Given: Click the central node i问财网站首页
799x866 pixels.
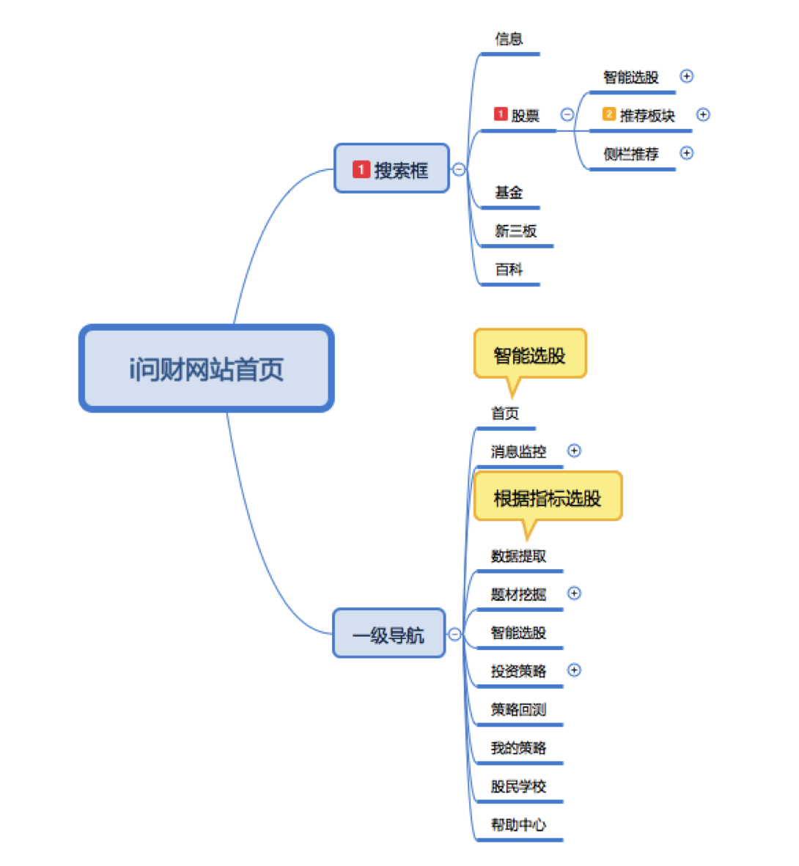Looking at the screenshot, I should click(x=206, y=369).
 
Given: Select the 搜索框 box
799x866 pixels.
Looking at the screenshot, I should click(x=391, y=169).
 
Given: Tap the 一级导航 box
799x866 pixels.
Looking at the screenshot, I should click(x=389, y=634).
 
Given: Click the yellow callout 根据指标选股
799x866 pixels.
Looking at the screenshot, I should click(x=548, y=497).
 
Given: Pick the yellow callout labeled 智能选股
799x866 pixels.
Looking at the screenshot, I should click(x=530, y=355).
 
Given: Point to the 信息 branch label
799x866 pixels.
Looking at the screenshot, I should click(x=509, y=39).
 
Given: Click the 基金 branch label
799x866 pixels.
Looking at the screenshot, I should click(x=509, y=192).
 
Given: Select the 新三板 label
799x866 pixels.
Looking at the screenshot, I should click(x=515, y=231).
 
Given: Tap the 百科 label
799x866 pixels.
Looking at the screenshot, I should click(x=509, y=270).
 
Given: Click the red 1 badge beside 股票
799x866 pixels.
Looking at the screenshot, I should click(x=501, y=114).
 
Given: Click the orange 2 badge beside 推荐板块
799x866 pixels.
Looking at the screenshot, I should click(x=609, y=114).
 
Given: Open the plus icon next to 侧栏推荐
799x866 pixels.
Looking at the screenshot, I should click(x=687, y=153).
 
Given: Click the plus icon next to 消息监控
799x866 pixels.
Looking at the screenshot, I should click(x=575, y=451).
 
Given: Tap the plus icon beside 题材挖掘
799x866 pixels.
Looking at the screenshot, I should click(x=575, y=593).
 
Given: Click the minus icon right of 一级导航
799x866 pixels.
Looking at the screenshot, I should click(x=455, y=634).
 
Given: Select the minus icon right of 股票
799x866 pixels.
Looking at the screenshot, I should click(x=567, y=114).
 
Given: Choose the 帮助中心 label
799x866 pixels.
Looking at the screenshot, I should click(x=518, y=824).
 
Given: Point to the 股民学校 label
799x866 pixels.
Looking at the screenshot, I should click(x=518, y=786).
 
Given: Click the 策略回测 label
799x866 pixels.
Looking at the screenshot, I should click(x=518, y=709).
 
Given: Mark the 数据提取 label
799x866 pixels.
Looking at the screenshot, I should click(x=518, y=556).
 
